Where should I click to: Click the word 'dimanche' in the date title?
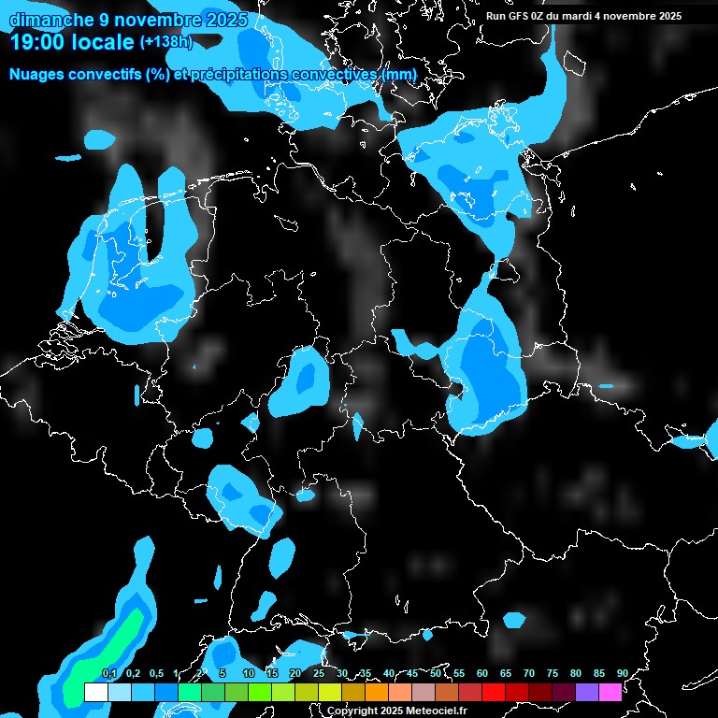[50, 20]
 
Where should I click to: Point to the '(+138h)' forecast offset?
[166, 42]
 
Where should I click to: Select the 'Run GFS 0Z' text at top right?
[524, 16]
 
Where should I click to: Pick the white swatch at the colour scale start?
[95, 692]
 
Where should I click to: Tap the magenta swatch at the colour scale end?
[610, 692]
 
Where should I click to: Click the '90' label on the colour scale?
[623, 674]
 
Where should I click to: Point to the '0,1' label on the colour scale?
[108, 674]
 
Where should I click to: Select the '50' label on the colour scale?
[436, 674]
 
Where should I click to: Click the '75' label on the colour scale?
[553, 674]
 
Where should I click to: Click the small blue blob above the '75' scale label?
[514, 619]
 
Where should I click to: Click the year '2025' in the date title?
[226, 20]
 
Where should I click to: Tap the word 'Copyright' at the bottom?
[352, 711]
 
